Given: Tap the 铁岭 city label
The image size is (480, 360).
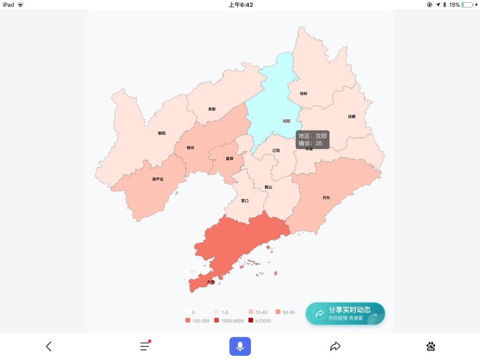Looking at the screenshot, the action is pyautogui.click(x=304, y=94).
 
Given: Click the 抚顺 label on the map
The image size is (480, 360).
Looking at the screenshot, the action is pyautogui.click(x=351, y=117).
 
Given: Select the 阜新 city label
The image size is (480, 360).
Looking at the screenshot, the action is pyautogui.click(x=212, y=109).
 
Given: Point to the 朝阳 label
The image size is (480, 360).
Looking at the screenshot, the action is pyautogui.click(x=161, y=133).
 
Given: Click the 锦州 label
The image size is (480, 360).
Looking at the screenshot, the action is pyautogui.click(x=191, y=148).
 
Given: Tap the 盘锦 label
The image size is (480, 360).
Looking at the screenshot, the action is pyautogui.click(x=229, y=158).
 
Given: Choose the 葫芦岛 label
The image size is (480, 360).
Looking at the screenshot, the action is pyautogui.click(x=158, y=179).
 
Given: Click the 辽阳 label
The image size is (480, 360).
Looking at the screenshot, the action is pyautogui.click(x=276, y=151).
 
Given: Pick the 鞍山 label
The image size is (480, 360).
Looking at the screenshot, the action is pyautogui.click(x=268, y=187).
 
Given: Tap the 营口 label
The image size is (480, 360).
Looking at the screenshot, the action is pyautogui.click(x=245, y=201).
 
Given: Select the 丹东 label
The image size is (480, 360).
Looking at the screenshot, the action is pyautogui.click(x=326, y=198).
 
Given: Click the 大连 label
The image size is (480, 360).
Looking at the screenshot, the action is pyautogui.click(x=211, y=282).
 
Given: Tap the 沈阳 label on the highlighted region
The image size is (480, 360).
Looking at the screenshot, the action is pyautogui.click(x=286, y=121).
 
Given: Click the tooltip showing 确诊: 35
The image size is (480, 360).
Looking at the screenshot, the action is pyautogui.click(x=313, y=139).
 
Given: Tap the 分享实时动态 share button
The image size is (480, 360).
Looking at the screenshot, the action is pyautogui.click(x=345, y=313).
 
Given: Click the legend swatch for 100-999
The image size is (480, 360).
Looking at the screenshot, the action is pyautogui.click(x=188, y=320).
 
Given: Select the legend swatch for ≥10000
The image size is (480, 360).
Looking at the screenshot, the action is pyautogui.click(x=251, y=320).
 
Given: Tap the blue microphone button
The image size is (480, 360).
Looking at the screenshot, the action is pyautogui.click(x=240, y=346).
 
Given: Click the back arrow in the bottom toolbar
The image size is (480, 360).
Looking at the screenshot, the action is pyautogui.click(x=49, y=346).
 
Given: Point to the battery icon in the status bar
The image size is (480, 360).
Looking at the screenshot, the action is pyautogui.click(x=467, y=5).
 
